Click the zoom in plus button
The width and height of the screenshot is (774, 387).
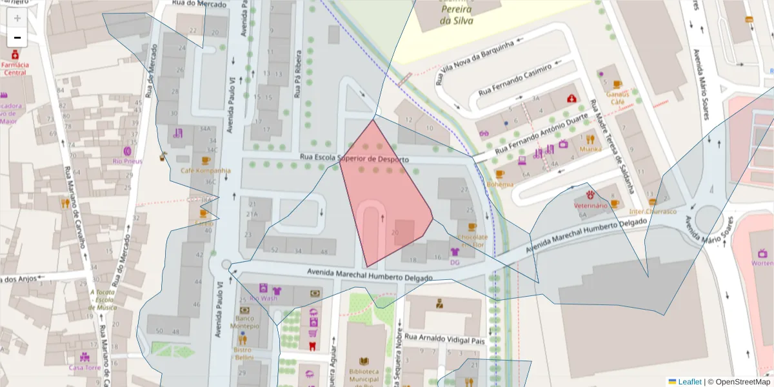point(17,18)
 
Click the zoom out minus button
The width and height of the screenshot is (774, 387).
point(17,37)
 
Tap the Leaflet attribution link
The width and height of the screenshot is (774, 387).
point(690,382)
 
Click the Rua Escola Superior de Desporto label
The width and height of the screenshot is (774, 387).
point(355,159)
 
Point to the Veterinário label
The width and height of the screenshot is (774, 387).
point(591,205)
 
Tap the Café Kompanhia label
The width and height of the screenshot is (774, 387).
point(206,170)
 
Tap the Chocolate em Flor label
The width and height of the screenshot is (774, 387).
point(471,241)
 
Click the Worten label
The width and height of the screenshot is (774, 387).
point(762,263)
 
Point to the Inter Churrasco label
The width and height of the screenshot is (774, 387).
point(653,211)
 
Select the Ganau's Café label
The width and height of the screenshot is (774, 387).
point(617,97)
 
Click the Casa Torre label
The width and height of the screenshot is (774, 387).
point(84,367)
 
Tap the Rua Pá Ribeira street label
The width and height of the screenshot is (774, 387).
point(298,74)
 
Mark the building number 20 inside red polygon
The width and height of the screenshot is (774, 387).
point(395,232)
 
